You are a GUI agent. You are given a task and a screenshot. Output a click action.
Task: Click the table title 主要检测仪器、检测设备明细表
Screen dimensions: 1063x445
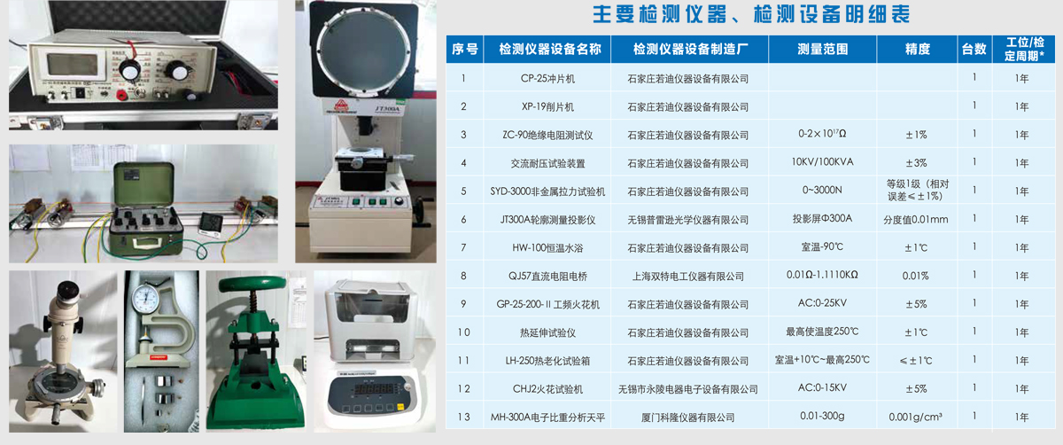(x=751, y=14)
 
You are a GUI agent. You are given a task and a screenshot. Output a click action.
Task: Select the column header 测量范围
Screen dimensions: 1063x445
(x=822, y=49)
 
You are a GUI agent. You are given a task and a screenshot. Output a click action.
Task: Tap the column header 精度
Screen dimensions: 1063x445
(x=918, y=49)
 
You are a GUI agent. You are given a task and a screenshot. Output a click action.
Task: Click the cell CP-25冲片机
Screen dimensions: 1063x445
(x=547, y=78)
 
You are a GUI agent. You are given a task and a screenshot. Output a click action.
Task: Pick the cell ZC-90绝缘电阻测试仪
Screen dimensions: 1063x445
(x=547, y=135)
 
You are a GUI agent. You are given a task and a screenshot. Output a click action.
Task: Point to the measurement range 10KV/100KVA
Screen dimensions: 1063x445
(x=822, y=162)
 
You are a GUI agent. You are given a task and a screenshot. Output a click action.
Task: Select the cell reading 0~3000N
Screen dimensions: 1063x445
(x=822, y=190)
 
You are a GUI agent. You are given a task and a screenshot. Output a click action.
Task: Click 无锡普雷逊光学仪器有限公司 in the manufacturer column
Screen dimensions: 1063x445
(x=687, y=220)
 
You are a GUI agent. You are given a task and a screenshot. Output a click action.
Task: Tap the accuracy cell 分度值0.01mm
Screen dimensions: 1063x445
(x=916, y=220)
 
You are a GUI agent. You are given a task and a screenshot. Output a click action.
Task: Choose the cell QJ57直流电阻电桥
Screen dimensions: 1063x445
(x=547, y=276)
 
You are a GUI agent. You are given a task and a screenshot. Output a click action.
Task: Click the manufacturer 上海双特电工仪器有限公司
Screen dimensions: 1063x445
(x=687, y=276)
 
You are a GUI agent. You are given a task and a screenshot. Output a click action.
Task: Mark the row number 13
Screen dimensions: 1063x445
(x=463, y=417)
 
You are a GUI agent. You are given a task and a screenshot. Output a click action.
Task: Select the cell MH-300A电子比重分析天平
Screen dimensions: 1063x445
(x=547, y=418)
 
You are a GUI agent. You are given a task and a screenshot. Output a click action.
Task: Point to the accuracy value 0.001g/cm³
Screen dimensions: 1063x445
(x=915, y=417)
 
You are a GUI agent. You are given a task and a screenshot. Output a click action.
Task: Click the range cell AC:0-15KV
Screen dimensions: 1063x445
(x=822, y=387)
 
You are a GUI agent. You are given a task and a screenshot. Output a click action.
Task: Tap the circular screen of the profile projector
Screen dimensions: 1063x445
(x=363, y=47)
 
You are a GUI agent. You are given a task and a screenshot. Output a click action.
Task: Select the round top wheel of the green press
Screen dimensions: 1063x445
(x=252, y=284)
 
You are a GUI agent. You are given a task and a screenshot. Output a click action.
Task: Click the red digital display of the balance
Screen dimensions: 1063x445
(x=375, y=389)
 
